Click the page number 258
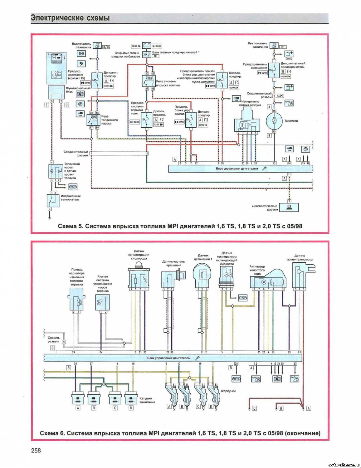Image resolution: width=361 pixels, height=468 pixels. point(36,451)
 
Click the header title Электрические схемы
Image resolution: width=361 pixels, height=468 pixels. point(71,18)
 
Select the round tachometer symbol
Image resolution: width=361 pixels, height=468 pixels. point(274,121)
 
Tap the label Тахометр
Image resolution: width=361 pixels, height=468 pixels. point(291,121)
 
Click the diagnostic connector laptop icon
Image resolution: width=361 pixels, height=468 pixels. point(289,207)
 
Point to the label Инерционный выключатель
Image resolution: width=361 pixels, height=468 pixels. point(71,198)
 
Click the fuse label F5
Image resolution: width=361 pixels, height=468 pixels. point(237,82)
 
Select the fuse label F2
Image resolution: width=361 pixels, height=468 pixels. point(161,119)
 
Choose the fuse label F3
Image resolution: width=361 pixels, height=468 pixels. point(206,120)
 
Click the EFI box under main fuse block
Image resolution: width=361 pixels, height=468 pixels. point(156,56)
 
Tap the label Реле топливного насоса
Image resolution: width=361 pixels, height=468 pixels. point(109,120)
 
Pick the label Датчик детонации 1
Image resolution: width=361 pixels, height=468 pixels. point(203,257)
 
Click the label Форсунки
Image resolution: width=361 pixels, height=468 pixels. point(228,391)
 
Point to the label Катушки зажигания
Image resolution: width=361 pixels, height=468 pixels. point(147,400)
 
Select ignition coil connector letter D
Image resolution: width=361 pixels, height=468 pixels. point(131,408)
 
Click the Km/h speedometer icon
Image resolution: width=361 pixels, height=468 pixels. point(295,378)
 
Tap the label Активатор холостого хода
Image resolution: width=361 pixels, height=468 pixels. point(257,270)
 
